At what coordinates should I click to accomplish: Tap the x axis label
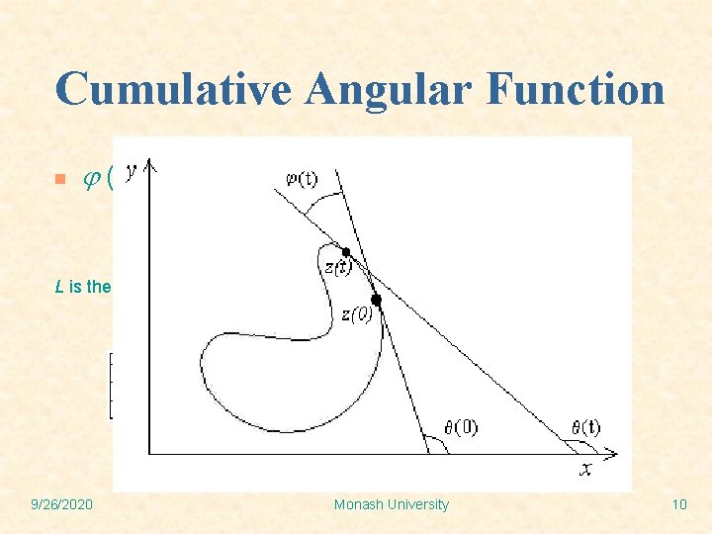585,470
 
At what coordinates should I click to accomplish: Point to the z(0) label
358,314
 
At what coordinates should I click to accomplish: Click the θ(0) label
461,427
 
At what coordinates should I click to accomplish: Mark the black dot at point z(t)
346,252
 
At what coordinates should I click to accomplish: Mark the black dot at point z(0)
377,299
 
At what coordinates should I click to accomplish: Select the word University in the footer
419,504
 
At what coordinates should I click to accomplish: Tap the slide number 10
678,504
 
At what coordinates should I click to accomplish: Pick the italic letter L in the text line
59,287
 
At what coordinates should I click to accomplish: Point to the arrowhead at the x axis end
612,454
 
